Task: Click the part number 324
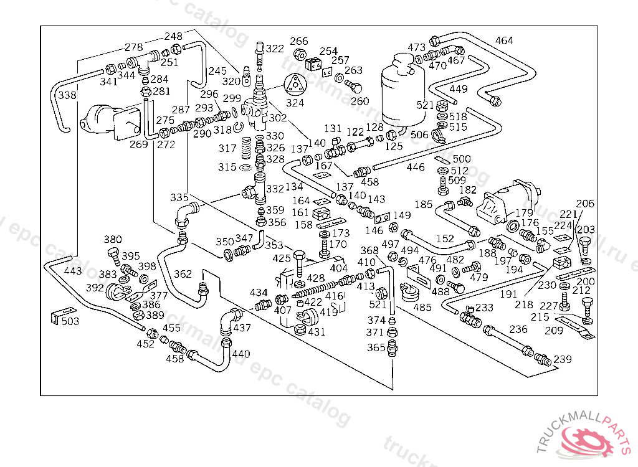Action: tap(295, 103)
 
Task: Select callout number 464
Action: tap(504, 41)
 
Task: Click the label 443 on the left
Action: tap(73, 271)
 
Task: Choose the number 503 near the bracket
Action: tap(70, 321)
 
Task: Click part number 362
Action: tap(183, 273)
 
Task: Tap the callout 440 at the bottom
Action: tap(240, 354)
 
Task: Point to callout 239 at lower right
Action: tap(563, 359)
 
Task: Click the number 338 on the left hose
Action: tap(67, 95)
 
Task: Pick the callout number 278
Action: tap(134, 47)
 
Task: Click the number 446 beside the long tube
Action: tap(416, 167)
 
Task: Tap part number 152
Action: tap(445, 238)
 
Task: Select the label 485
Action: tap(422, 307)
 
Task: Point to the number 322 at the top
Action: tap(275, 49)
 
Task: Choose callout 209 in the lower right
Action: tap(553, 331)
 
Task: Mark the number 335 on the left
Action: tap(179, 197)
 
